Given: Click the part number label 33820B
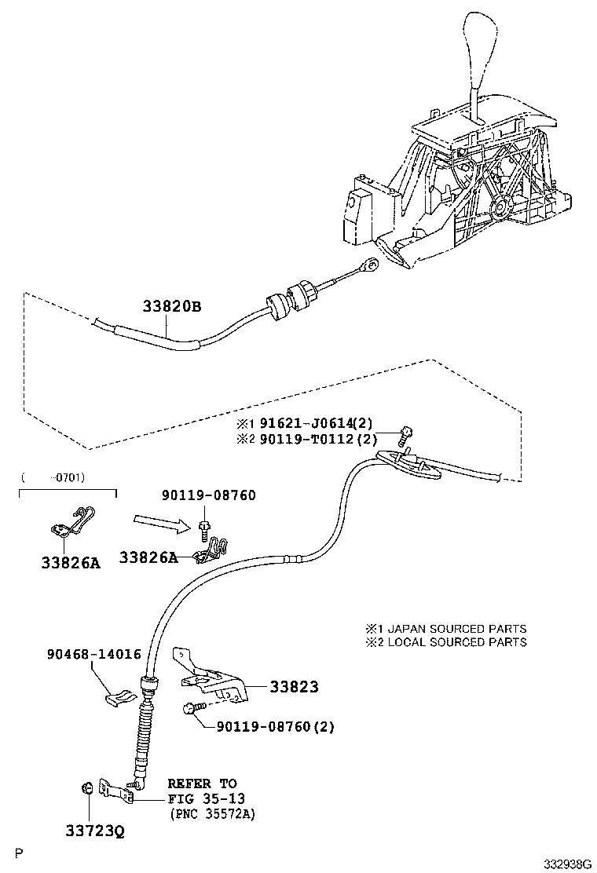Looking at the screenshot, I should point(172,307).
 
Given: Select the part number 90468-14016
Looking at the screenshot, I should point(93,654).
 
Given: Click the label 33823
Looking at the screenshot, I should point(294,687).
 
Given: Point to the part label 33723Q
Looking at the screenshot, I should point(93,829).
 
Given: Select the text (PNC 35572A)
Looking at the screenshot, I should point(213,813).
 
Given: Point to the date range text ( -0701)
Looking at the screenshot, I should point(53,477).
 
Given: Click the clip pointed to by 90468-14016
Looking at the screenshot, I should point(119,696).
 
